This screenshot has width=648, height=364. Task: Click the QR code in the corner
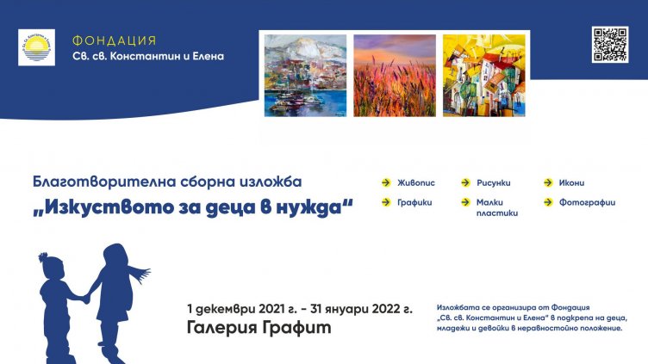point(609,45)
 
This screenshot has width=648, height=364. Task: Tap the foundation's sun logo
point(36,47)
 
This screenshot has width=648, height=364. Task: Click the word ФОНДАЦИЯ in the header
point(115,40)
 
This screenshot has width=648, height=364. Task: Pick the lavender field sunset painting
point(394,75)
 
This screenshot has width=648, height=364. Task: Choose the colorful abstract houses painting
point(483,75)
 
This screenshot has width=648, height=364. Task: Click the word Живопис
point(417,182)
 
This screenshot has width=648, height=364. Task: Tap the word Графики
point(415,202)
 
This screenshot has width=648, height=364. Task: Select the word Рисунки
point(494,182)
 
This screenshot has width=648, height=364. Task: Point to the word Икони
point(570,182)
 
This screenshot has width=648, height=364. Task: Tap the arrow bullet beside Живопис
point(386,182)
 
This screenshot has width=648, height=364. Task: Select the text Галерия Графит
point(259,328)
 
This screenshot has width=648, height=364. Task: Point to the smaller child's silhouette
point(56,297)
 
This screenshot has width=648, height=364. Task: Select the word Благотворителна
point(93,182)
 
